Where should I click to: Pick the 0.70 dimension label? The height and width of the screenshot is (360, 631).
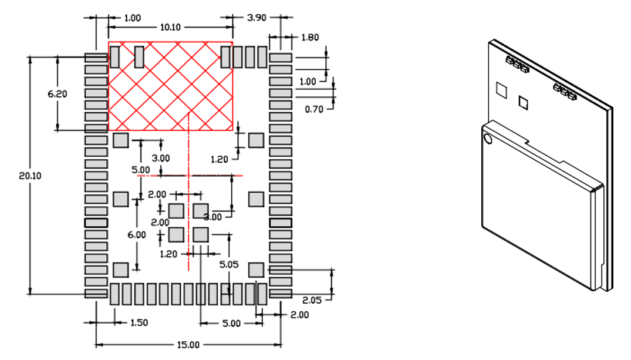(x=314, y=109)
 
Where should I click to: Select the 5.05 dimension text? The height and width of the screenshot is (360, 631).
(x=229, y=265)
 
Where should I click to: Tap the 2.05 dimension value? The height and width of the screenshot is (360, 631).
(x=313, y=300)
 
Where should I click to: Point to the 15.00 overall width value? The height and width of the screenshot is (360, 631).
(x=188, y=345)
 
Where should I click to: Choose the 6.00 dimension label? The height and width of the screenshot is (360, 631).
(x=137, y=234)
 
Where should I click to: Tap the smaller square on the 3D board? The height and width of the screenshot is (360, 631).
(x=524, y=103)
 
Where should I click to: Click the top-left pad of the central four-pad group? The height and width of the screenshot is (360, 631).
(x=176, y=210)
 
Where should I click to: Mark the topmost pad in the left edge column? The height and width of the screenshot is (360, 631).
(x=96, y=58)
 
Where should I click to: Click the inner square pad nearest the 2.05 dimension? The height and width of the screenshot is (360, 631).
(x=256, y=270)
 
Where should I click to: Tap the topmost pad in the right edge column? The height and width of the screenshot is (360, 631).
(x=281, y=58)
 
